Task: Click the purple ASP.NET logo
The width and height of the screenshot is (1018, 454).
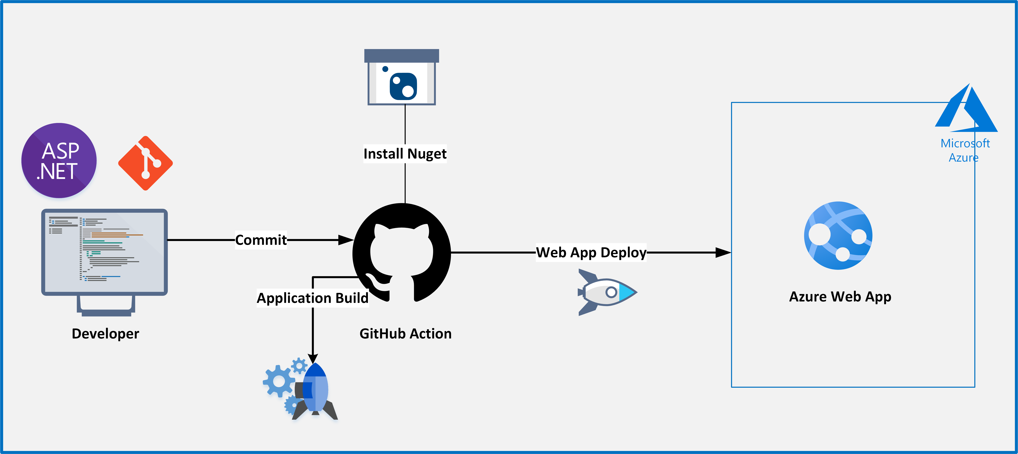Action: (59, 160)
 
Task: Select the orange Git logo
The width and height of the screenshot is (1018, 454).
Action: (145, 163)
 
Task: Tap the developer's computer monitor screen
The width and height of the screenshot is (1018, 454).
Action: (104, 252)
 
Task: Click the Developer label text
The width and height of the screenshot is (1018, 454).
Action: (105, 333)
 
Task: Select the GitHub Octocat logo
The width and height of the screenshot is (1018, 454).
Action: (401, 253)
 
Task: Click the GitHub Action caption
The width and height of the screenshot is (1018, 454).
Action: (405, 333)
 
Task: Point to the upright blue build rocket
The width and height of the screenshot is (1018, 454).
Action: (315, 391)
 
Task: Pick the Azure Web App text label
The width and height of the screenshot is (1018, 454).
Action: (840, 296)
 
